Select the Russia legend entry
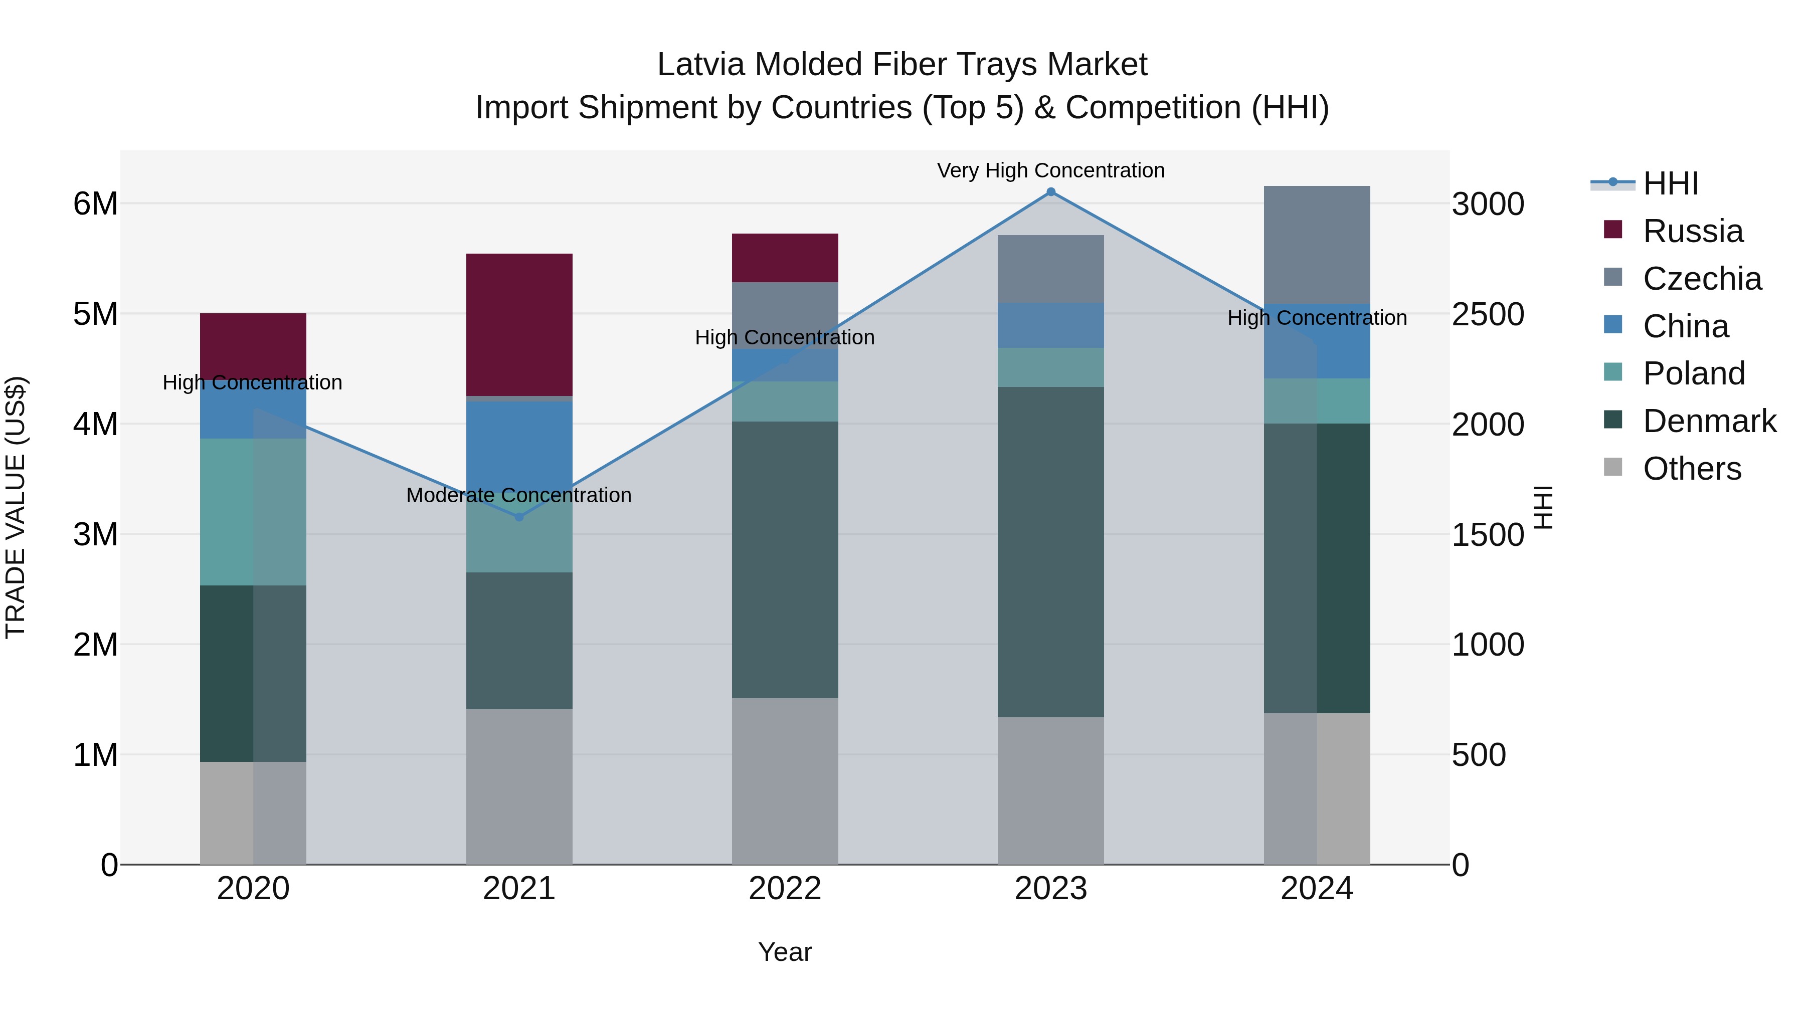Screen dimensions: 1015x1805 click(x=1692, y=231)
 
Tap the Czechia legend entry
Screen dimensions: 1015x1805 click(x=1701, y=279)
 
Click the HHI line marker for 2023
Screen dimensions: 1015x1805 click(x=1050, y=192)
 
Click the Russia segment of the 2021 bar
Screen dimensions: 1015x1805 click(x=519, y=324)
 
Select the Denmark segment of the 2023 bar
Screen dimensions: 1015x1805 click(x=1050, y=551)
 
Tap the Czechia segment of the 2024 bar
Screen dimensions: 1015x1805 click(x=1317, y=245)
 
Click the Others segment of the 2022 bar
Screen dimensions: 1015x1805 click(x=785, y=781)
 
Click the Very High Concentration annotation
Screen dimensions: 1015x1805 click(x=1050, y=170)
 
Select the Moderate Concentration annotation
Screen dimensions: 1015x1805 click(x=518, y=495)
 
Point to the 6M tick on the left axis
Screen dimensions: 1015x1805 click(x=95, y=204)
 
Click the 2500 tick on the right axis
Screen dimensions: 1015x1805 click(x=1487, y=314)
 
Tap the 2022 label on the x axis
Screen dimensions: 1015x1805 click(x=785, y=889)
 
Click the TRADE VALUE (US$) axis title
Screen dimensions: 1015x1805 click(x=16, y=507)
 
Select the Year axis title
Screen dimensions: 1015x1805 click(x=785, y=952)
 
